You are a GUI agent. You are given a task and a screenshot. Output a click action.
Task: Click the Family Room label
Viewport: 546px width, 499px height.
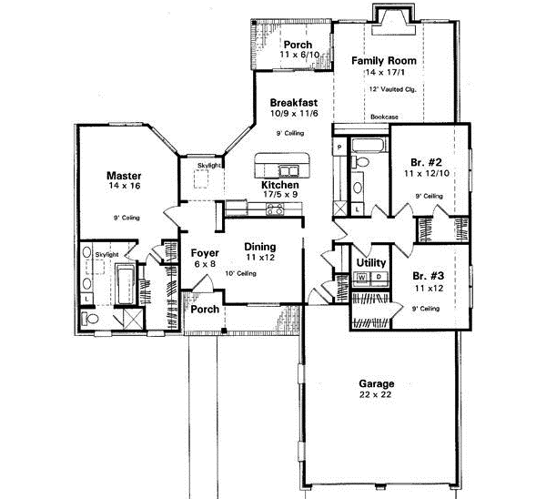point(383,60)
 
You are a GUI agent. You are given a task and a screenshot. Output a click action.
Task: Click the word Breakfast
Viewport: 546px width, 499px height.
point(292,104)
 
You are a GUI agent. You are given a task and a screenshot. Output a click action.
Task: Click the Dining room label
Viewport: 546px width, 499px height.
point(259,245)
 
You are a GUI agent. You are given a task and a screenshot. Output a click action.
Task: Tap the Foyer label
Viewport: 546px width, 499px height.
point(204,252)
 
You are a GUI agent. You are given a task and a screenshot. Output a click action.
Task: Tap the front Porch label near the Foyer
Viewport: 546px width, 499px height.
point(204,310)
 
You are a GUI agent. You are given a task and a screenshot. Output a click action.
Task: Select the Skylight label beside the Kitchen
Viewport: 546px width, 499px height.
point(209,165)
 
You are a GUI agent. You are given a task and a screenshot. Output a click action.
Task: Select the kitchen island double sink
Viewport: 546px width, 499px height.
point(289,169)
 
